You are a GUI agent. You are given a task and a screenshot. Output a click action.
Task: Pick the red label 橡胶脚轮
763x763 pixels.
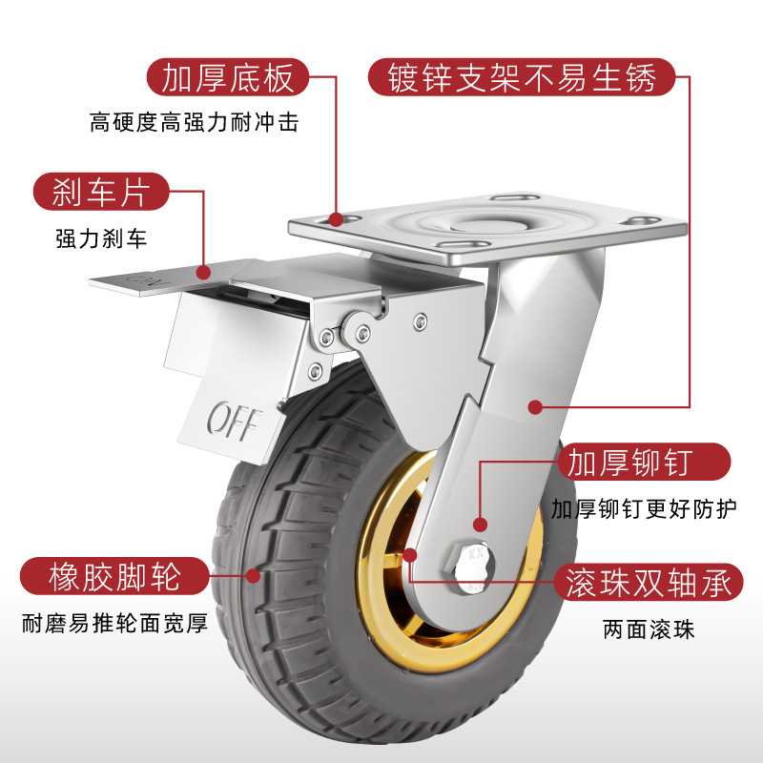(113, 576)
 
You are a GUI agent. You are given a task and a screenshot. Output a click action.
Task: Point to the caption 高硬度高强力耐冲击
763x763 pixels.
(188, 123)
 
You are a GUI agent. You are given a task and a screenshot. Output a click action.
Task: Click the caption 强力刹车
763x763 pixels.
(100, 238)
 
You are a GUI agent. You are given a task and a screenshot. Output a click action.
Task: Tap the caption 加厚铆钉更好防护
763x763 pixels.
(644, 508)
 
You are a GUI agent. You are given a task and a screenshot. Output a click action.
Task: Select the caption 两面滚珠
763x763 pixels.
(650, 629)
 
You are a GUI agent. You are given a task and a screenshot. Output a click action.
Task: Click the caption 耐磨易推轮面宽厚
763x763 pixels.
(114, 626)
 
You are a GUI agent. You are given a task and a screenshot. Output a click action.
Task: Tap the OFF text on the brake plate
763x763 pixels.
(232, 419)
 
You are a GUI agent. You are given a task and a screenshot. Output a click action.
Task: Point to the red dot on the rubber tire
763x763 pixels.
(253, 575)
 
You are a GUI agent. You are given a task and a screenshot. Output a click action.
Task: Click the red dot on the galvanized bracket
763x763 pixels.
(535, 406)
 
